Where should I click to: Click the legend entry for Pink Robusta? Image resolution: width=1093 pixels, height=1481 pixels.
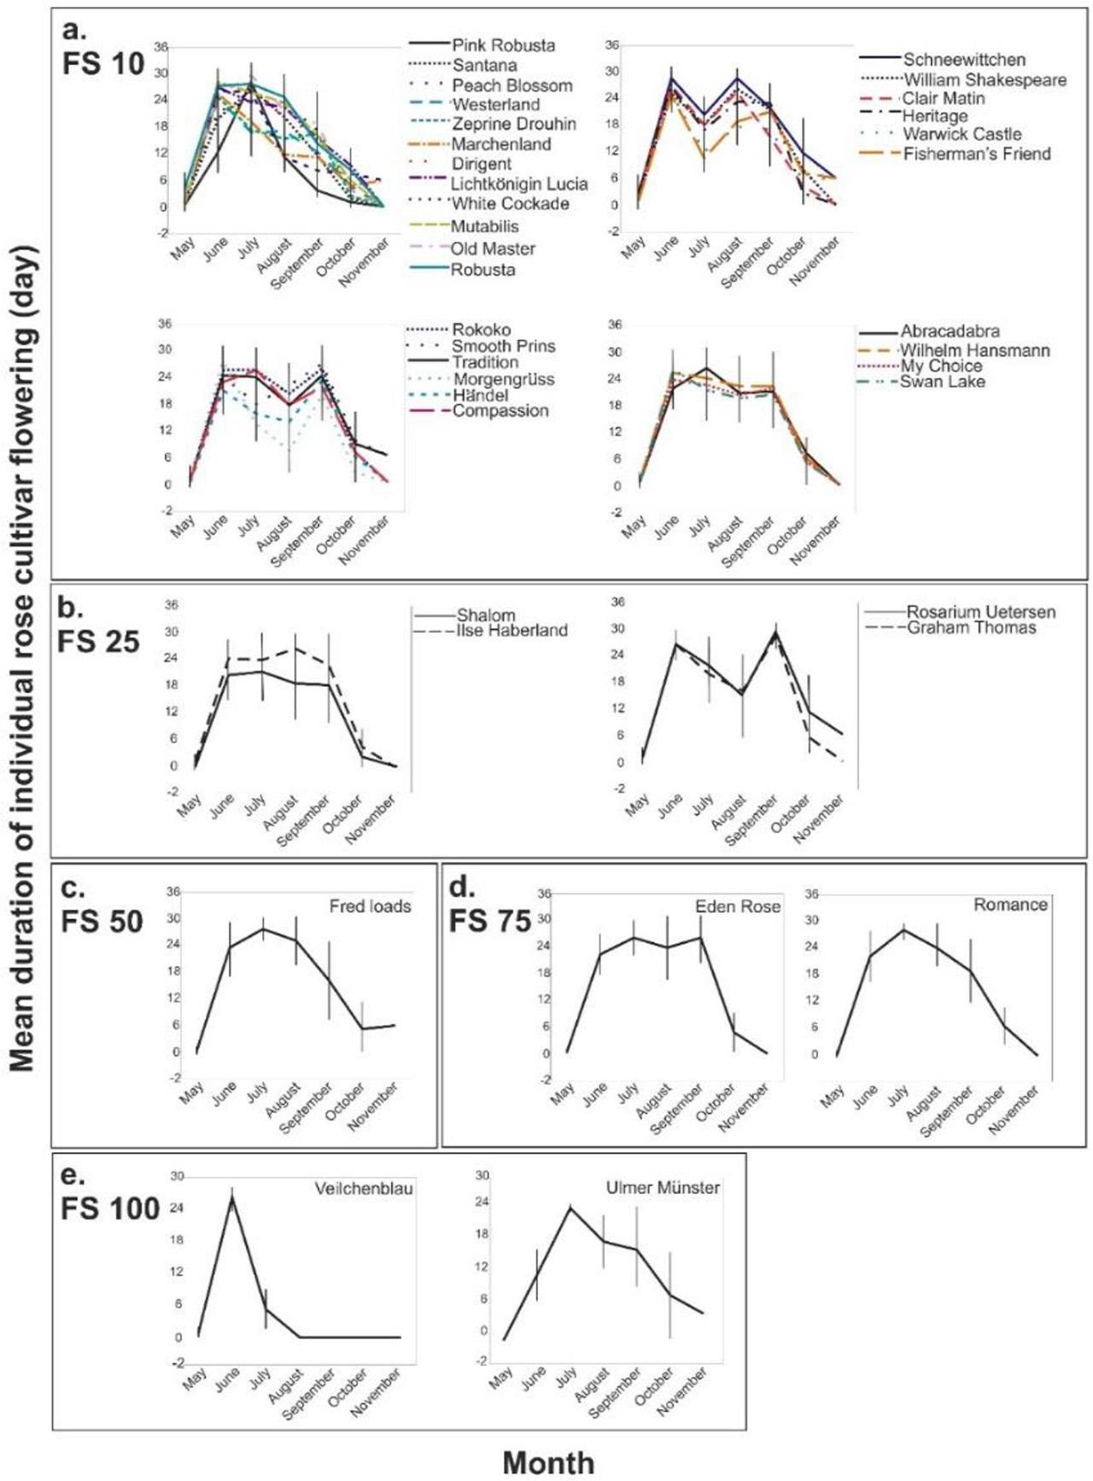pyautogui.click(x=503, y=45)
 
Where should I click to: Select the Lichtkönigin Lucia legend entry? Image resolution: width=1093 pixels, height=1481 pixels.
pyautogui.click(x=519, y=184)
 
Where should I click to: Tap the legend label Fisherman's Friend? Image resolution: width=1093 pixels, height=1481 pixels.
pyautogui.click(x=977, y=154)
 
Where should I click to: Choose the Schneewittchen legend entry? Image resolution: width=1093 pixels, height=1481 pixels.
pyautogui.click(x=964, y=60)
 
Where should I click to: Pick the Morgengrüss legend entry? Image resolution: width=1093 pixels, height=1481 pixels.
pyautogui.click(x=503, y=379)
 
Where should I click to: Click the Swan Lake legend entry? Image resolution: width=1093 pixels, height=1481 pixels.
pyautogui.click(x=942, y=382)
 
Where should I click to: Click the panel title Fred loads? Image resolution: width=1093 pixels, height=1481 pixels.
pyautogui.click(x=370, y=906)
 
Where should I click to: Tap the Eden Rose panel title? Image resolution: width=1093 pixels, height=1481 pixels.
pyautogui.click(x=738, y=906)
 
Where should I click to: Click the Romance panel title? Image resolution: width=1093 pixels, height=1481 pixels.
pyautogui.click(x=1010, y=904)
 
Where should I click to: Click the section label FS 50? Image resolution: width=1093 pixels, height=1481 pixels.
pyautogui.click(x=102, y=922)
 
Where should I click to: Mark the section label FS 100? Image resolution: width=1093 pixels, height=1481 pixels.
pyautogui.click(x=110, y=1209)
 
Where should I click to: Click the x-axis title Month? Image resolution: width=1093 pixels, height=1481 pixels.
pyautogui.click(x=547, y=1462)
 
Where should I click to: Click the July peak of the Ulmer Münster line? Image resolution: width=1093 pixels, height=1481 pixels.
pyautogui.click(x=570, y=1206)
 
